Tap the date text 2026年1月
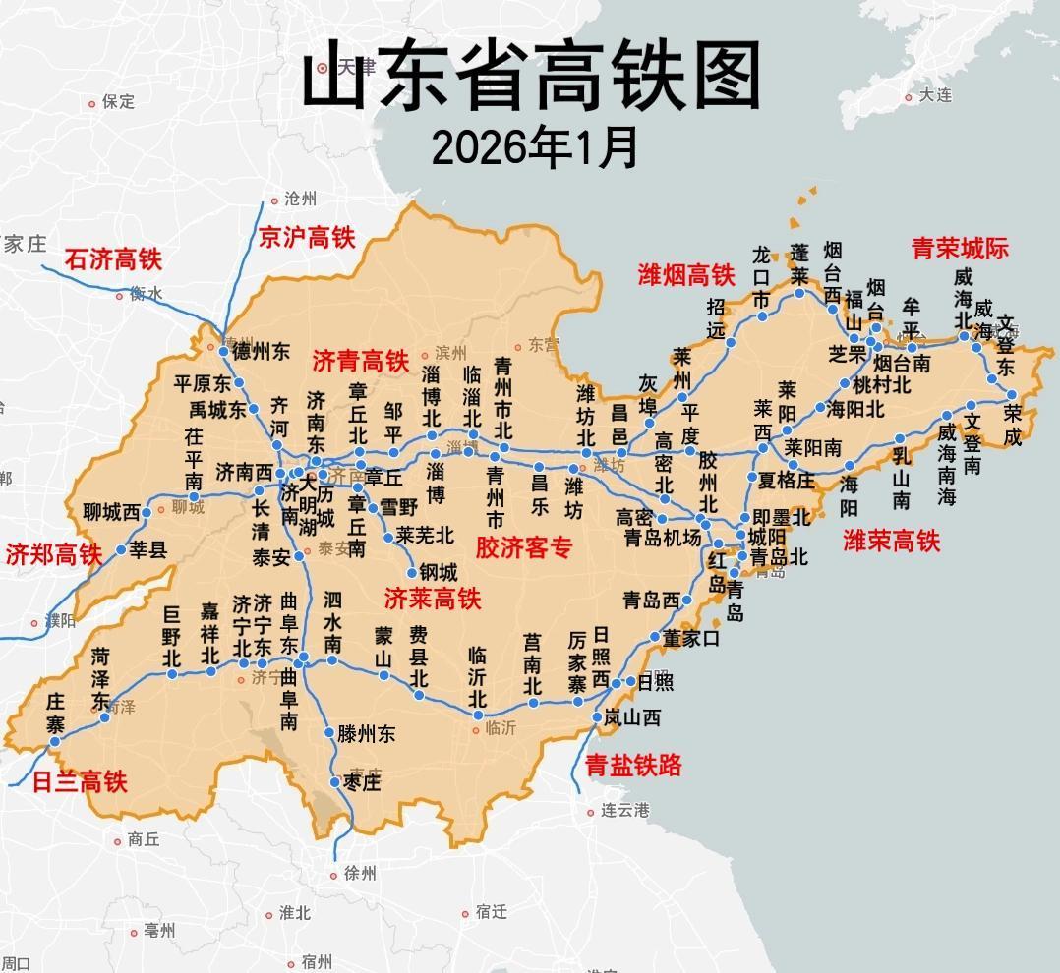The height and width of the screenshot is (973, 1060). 535,148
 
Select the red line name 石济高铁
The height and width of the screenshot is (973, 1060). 113,259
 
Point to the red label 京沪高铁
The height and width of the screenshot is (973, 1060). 306,237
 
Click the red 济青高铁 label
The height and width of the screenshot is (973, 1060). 360,361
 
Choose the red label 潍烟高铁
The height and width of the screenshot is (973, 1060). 686,275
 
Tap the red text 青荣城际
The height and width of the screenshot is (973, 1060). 960,248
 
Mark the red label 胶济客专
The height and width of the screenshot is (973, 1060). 524,547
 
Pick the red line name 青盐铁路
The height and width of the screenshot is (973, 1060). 633,766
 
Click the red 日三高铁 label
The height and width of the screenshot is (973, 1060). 80,782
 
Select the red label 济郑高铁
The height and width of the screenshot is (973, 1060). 54,554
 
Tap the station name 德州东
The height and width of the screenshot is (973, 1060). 261,352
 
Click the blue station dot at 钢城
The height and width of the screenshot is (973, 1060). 412,573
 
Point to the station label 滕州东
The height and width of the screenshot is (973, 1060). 366,733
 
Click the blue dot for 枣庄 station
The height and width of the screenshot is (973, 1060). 335,782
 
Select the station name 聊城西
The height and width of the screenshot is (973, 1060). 111,512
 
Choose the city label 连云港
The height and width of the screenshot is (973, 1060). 625,811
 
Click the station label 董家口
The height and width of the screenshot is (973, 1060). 690,638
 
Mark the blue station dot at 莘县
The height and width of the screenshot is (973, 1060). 121,550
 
